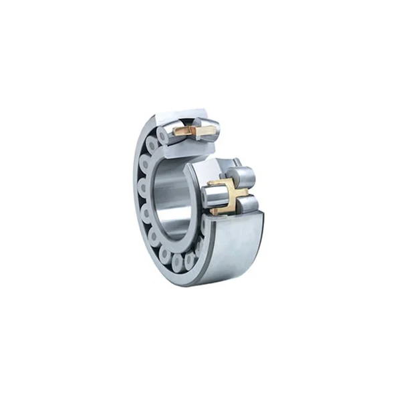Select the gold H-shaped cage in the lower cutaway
point(228,195)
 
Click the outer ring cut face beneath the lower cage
point(234,219)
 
